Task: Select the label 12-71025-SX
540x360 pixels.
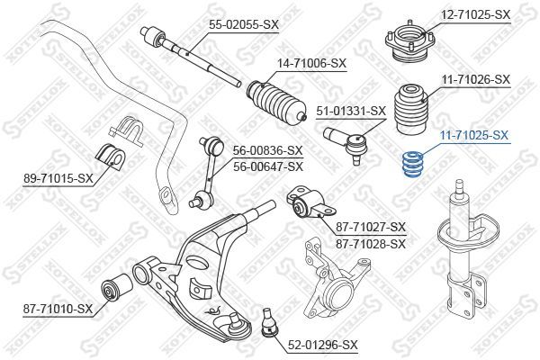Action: (476, 15)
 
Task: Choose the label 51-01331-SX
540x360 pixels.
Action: (352, 112)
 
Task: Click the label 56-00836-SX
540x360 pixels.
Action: (268, 151)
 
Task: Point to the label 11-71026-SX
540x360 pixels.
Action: (476, 80)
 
